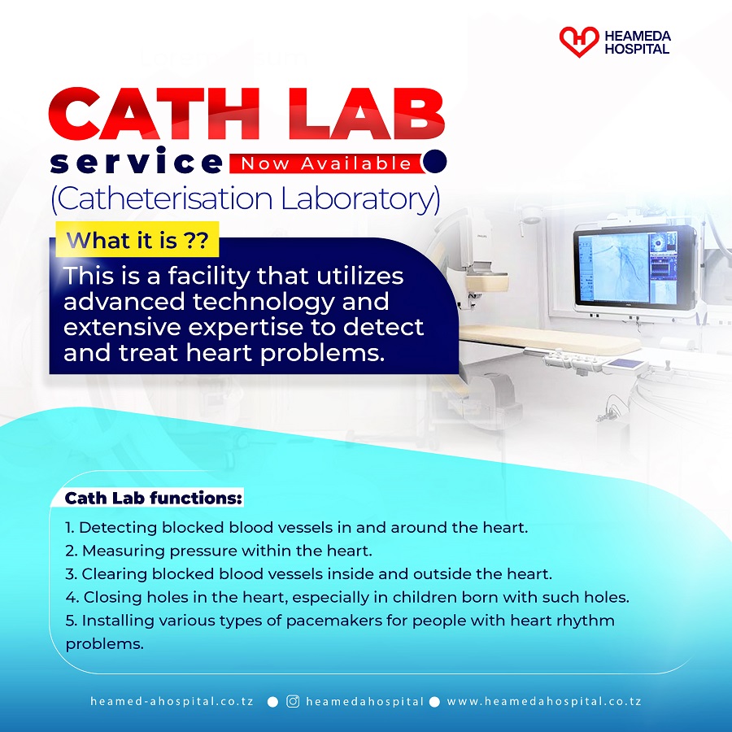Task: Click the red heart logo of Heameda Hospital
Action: tap(579, 41)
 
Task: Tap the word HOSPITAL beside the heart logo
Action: tap(637, 49)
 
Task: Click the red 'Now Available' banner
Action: tap(327, 163)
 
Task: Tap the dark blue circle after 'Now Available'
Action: tap(434, 161)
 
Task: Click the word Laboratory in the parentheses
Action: tap(360, 199)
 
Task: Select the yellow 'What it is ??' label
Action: tap(137, 240)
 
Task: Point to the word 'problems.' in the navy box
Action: tap(322, 354)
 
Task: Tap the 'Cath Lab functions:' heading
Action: tap(154, 498)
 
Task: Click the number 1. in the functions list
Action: tap(70, 528)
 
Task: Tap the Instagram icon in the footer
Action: tap(293, 701)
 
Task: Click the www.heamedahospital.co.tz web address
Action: tap(544, 701)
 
